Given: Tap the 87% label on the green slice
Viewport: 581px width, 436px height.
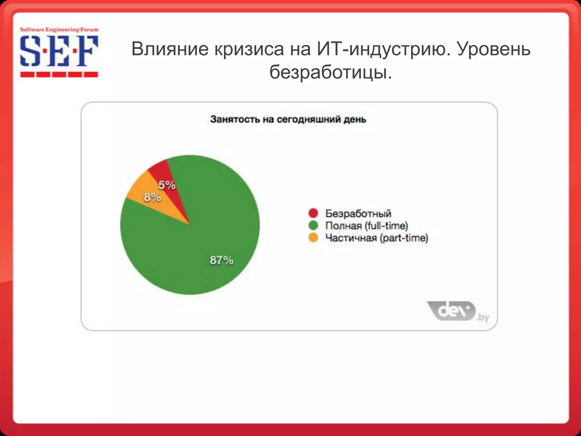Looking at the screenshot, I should [x=222, y=260].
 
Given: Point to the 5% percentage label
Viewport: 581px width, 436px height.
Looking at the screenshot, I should [x=167, y=185].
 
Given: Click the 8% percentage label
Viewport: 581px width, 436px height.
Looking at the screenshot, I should [x=152, y=197].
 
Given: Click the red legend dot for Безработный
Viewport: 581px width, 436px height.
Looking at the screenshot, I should [x=313, y=213].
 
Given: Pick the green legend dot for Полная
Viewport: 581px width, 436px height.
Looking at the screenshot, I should [x=313, y=226].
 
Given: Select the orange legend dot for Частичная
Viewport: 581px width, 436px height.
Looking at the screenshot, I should [x=313, y=238].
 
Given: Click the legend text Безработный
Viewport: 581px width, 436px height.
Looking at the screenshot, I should [x=358, y=213].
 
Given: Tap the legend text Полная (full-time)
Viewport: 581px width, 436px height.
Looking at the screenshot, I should [x=367, y=226].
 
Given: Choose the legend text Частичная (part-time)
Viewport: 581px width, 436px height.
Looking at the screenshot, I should [x=376, y=238].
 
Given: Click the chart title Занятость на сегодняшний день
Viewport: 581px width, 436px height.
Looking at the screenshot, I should [x=288, y=119].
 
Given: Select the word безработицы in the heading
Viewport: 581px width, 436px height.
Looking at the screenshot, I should [x=331, y=73].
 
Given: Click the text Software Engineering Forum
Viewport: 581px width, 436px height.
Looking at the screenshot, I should [x=59, y=30].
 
